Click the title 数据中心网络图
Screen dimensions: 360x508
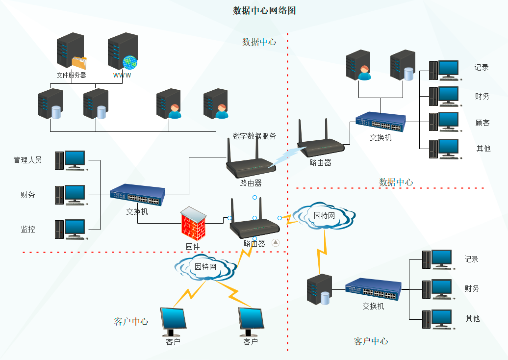pyautogui.click(x=264, y=10)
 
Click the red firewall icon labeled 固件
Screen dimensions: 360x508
pyautogui.click(x=193, y=223)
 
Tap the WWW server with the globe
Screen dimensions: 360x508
pyautogui.click(x=122, y=51)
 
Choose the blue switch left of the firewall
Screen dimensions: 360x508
pyautogui.click(x=137, y=195)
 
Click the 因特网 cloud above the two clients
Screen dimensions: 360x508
pyautogui.click(x=205, y=267)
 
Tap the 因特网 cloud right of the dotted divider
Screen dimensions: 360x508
pyautogui.click(x=324, y=216)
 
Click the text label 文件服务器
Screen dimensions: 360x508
pyautogui.click(x=71, y=75)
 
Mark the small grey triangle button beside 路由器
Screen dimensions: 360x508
pyautogui.click(x=276, y=242)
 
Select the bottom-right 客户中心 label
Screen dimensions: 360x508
pyautogui.click(x=371, y=341)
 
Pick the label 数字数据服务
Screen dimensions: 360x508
pyautogui.click(x=254, y=136)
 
